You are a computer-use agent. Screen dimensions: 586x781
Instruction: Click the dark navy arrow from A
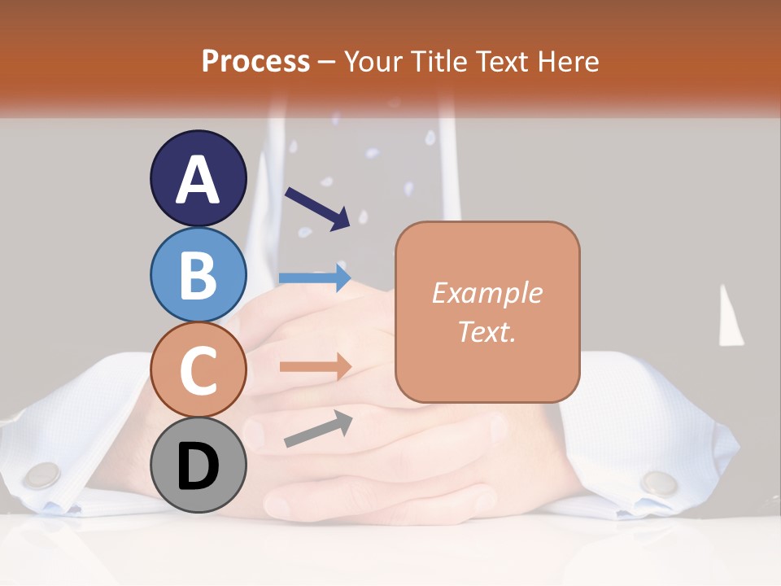tap(317, 207)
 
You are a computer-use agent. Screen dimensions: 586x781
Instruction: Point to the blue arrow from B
tap(314, 278)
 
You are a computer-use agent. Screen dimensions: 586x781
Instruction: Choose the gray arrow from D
tap(318, 429)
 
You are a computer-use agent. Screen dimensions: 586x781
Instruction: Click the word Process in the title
tap(255, 61)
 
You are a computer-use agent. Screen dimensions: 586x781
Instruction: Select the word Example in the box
tap(486, 293)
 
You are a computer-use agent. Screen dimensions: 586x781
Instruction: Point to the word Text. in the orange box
tap(486, 331)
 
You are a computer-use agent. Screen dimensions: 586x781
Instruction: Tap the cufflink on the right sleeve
tap(659, 483)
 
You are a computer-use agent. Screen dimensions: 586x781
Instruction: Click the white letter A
tap(198, 180)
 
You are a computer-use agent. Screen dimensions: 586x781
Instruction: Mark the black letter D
tap(198, 466)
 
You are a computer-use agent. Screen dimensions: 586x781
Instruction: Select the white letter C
tap(198, 370)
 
